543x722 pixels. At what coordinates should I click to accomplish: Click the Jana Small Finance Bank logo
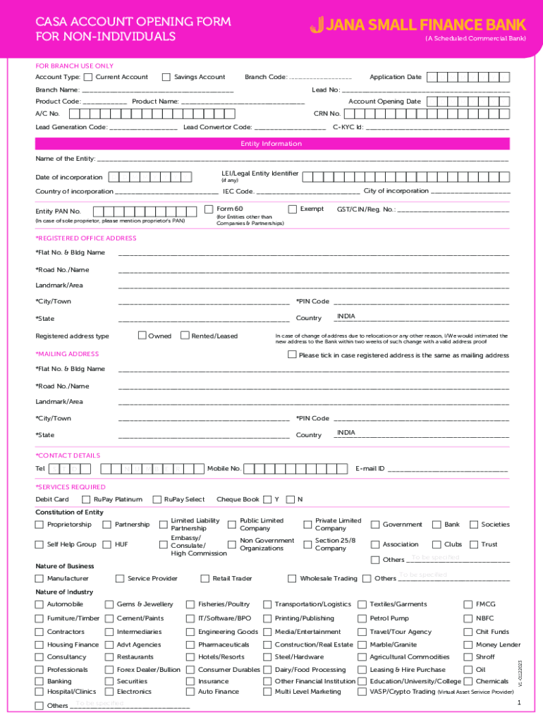coord(408,25)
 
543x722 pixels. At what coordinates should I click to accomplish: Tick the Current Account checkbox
coord(88,78)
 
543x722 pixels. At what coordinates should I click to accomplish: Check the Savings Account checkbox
coord(166,78)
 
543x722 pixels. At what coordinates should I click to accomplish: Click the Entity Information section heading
coord(271,144)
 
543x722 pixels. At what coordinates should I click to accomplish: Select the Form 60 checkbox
coord(209,209)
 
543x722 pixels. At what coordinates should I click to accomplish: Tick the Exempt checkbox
coord(293,209)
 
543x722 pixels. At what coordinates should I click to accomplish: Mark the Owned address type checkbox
coord(142,336)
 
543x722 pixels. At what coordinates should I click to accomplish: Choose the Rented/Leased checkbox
coord(185,336)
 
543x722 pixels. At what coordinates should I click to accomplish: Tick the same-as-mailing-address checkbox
coord(293,355)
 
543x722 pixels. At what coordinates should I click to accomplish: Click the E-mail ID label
coord(370,469)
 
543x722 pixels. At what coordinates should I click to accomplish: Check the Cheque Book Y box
coord(267,500)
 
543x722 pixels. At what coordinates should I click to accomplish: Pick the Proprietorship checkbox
coord(39,525)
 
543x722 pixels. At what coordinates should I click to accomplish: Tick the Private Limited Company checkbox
coord(308,525)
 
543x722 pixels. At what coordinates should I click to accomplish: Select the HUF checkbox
coord(107,544)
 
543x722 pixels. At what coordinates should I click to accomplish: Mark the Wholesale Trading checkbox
coord(292,579)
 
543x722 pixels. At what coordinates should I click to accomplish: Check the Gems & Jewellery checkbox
coord(109,604)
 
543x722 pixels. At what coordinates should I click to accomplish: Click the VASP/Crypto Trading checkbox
coord(362,692)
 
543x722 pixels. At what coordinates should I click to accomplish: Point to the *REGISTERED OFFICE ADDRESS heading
coord(86,238)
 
